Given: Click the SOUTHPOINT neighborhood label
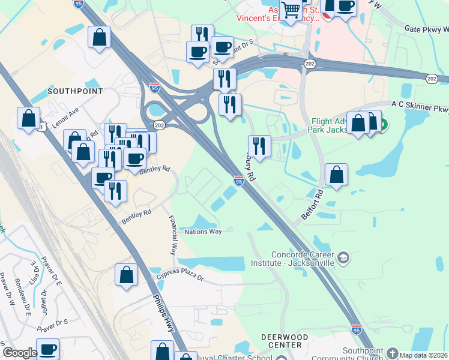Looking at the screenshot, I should coord(75,91).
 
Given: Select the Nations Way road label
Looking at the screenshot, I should coord(203,232).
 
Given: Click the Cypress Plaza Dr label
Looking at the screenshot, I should coord(180,278).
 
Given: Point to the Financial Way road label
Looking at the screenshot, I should coord(172,235).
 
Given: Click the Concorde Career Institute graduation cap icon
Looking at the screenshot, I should coord(343,259).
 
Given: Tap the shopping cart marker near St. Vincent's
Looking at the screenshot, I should coord(291,10).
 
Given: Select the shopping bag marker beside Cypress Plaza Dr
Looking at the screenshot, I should coord(127,275).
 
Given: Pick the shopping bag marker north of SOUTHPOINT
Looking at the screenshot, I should coord(100,37).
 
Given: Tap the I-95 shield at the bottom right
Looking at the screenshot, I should coord(357,329).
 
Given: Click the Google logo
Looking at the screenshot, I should coord(20,353).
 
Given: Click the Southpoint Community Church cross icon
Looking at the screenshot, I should coord(393,353).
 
